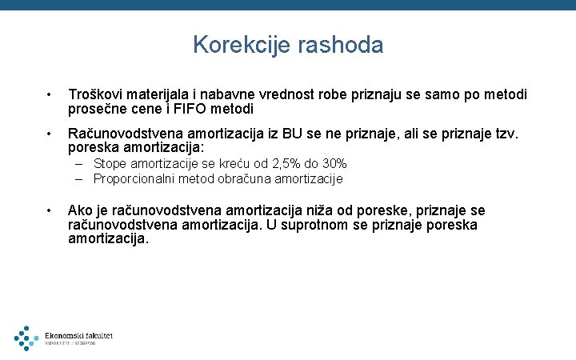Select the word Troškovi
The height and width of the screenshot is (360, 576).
[x=97, y=94]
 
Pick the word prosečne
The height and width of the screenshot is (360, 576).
[x=98, y=109]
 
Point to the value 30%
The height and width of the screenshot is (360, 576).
[x=333, y=164]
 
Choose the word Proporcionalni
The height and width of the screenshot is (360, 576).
[x=134, y=178]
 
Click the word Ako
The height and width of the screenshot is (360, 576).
[x=80, y=210]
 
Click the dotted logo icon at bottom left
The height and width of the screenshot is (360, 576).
[x=26, y=338]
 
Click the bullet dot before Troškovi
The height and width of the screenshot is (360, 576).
[x=50, y=95]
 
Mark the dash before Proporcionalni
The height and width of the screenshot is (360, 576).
[x=82, y=178]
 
